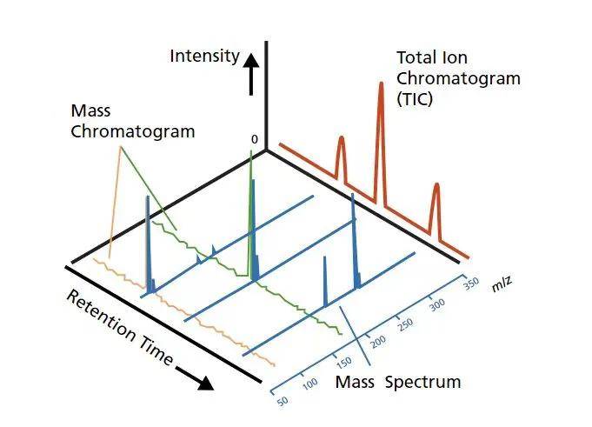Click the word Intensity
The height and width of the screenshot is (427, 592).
(x=204, y=57)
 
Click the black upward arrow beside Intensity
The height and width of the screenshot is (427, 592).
(x=250, y=74)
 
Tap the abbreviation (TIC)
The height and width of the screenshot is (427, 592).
(x=415, y=100)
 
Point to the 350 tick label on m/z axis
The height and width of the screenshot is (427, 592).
(x=471, y=284)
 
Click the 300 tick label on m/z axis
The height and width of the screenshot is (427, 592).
(x=437, y=304)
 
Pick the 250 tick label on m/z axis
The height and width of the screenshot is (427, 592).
(x=406, y=324)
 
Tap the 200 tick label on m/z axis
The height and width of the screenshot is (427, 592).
(x=378, y=342)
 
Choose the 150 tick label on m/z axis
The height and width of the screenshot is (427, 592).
(x=344, y=363)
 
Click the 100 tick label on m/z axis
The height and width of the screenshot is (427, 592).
(x=310, y=384)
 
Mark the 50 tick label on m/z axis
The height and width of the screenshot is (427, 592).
(x=283, y=401)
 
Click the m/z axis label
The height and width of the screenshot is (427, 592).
(x=502, y=284)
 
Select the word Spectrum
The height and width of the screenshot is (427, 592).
(x=422, y=383)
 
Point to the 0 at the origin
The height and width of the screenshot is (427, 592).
(x=255, y=140)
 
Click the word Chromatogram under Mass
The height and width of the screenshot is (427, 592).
(x=133, y=132)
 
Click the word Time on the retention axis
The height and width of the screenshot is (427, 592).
(x=156, y=350)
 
